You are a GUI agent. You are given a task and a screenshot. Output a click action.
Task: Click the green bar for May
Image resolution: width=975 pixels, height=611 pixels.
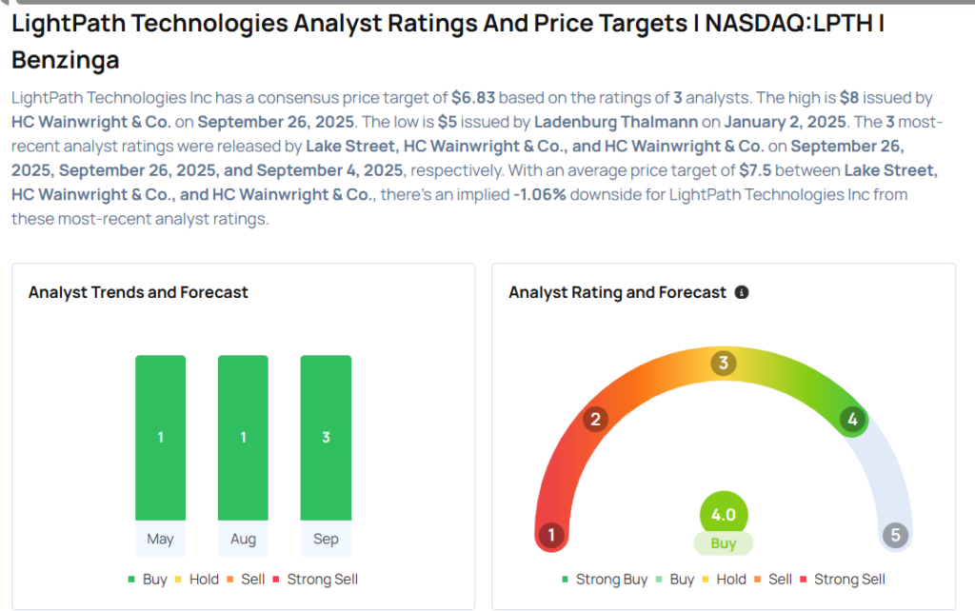click(160, 438)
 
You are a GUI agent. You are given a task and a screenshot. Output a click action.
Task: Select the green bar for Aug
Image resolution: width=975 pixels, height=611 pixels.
click(243, 438)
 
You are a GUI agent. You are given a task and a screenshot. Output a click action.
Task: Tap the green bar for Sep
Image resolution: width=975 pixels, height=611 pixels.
click(326, 438)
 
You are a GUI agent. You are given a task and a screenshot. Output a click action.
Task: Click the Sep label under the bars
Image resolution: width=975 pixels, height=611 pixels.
click(326, 540)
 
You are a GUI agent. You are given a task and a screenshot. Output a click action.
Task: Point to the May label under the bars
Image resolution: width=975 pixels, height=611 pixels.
click(160, 540)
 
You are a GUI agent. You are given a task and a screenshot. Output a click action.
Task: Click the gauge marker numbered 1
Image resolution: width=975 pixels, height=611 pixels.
click(550, 536)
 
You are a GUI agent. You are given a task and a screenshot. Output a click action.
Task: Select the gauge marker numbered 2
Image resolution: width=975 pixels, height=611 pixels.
click(596, 420)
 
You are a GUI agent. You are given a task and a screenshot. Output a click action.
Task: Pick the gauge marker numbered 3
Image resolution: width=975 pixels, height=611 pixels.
click(724, 363)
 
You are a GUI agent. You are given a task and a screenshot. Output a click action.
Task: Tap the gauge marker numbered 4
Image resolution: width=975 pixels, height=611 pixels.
click(852, 420)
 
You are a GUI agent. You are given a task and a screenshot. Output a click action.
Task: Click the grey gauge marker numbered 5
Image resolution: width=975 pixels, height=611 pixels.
click(895, 536)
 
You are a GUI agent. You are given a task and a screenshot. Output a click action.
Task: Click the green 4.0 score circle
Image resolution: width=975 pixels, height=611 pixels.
click(724, 515)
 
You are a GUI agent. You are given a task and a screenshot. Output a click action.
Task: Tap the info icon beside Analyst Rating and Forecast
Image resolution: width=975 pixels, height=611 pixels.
click(743, 293)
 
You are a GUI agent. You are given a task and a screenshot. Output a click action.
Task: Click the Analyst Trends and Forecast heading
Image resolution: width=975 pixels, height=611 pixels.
click(138, 293)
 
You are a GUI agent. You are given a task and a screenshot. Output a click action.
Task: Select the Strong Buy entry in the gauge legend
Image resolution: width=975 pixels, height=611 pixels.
click(606, 580)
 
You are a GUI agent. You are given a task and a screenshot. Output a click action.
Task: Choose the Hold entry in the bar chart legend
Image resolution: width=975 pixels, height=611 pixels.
click(197, 580)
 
